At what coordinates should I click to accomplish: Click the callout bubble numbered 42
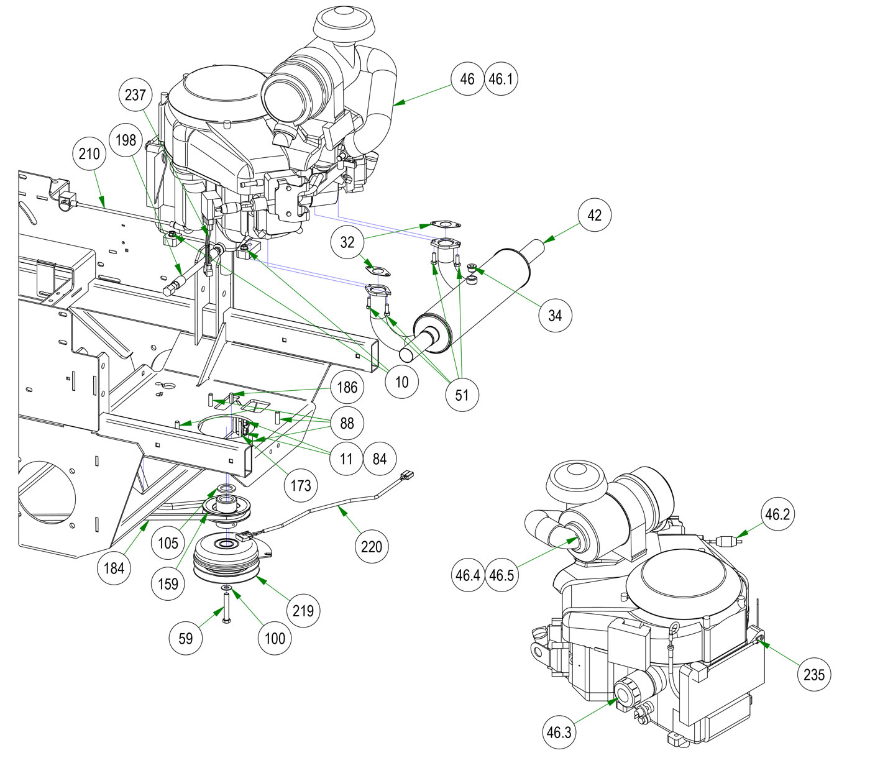(595, 215)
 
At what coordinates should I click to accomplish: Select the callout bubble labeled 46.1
(501, 79)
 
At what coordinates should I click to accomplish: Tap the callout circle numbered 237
(135, 94)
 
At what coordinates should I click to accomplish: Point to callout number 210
(89, 153)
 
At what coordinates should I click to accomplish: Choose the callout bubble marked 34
(555, 315)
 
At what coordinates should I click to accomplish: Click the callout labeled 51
(462, 394)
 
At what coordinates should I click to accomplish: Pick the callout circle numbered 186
(347, 387)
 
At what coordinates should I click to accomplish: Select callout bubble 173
(301, 484)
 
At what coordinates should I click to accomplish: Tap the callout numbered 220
(372, 546)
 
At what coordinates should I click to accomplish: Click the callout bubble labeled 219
(303, 610)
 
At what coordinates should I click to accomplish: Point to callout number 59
(186, 637)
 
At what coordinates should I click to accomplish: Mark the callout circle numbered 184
(114, 567)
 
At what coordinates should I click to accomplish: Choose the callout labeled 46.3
(559, 732)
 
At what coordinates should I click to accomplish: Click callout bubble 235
(814, 674)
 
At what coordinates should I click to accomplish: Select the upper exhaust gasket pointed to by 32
(442, 224)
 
